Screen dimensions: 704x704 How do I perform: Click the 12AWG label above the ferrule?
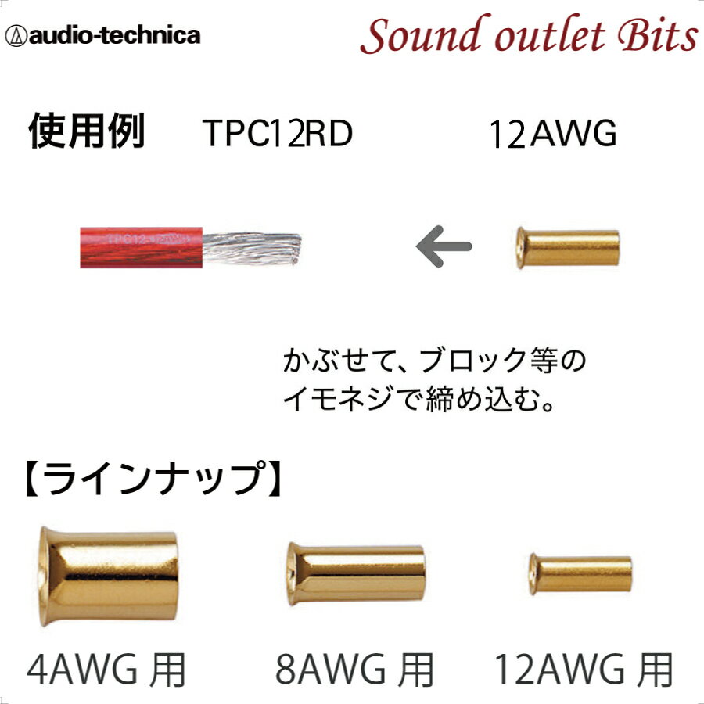[552, 135]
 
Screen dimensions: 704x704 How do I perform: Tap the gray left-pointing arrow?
[443, 247]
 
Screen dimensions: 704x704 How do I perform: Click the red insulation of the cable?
[141, 247]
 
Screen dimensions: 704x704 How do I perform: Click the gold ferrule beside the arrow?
[568, 248]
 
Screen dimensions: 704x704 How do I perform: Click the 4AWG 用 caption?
[106, 670]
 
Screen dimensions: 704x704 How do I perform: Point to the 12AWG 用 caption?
[584, 670]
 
